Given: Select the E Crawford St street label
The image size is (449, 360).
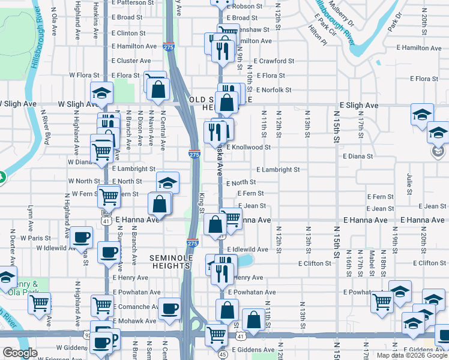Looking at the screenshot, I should click(274, 61).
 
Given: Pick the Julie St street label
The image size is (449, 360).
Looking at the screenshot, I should click(409, 184).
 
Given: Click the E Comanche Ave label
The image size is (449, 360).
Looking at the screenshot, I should click(135, 306).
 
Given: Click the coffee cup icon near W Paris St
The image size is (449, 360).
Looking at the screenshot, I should click(81, 236).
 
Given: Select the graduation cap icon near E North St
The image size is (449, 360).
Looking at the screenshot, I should click(168, 181).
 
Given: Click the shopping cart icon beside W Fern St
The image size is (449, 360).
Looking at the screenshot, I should click(109, 196).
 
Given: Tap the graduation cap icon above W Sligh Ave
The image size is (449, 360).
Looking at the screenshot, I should click(101, 92).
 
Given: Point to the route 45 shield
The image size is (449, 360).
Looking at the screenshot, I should click(222, 354).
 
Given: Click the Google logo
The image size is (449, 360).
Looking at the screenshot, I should click(20, 353).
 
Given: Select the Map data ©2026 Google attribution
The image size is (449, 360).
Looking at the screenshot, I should click(412, 355).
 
